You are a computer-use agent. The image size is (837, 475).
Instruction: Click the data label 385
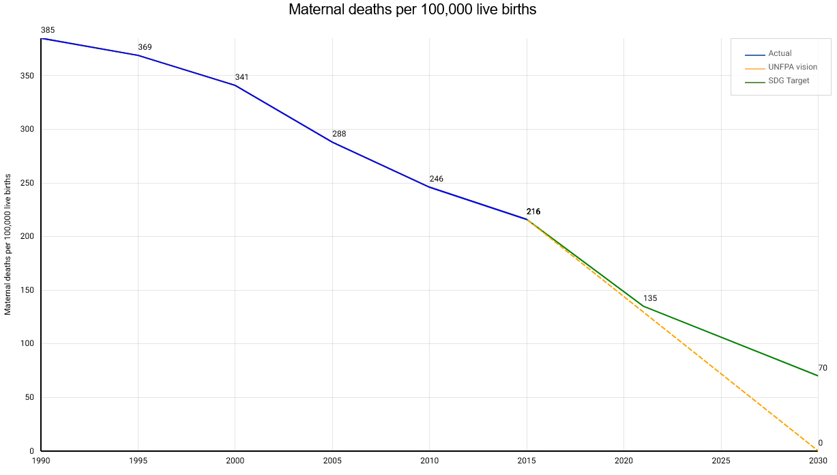pyautogui.click(x=48, y=30)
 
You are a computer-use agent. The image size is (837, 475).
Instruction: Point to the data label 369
pyautogui.click(x=145, y=47)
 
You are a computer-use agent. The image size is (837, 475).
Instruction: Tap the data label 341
pyautogui.click(x=241, y=77)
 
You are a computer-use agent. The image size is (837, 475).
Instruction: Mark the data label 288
pyautogui.click(x=339, y=134)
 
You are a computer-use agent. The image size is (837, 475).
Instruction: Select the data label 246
pyautogui.click(x=436, y=179)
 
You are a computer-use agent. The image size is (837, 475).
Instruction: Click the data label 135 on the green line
pyautogui.click(x=649, y=298)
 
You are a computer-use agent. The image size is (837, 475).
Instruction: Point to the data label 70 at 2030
pyautogui.click(x=823, y=368)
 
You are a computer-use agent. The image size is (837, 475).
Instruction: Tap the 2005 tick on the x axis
pyautogui.click(x=332, y=461)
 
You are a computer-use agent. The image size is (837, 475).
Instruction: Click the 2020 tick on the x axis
pyautogui.click(x=623, y=461)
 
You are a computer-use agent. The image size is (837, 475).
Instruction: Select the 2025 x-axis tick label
pyautogui.click(x=720, y=461)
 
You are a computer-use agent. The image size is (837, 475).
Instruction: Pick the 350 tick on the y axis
pyautogui.click(x=27, y=76)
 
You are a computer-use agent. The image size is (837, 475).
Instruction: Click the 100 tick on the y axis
pyautogui.click(x=27, y=344)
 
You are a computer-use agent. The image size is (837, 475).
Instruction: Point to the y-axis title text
pyautogui.click(x=8, y=244)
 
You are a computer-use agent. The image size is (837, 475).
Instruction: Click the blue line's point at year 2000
pyautogui.click(x=235, y=85)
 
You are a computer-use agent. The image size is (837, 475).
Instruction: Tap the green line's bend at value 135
pyautogui.click(x=643, y=306)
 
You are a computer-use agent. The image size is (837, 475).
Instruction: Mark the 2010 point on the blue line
pyautogui.click(x=430, y=187)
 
